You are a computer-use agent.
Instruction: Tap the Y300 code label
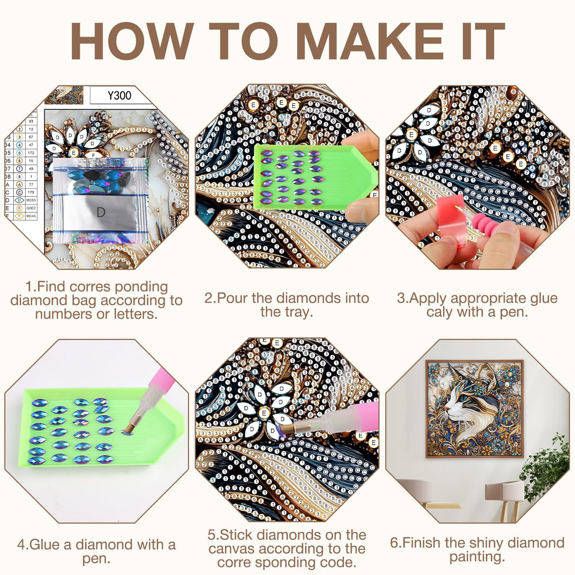pos(119,96)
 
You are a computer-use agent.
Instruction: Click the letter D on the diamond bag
pos(101,212)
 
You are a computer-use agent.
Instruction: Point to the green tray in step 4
pos(95,426)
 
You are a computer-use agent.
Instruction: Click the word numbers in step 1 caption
pos(60,314)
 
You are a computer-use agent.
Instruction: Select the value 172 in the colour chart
pos(31,153)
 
